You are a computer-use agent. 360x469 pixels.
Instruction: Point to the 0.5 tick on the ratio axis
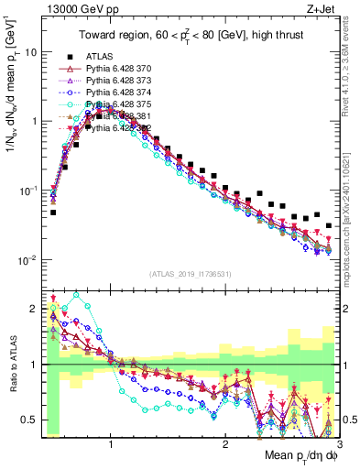coord(31,420)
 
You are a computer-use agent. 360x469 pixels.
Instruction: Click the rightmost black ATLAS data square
coord(329,225)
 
